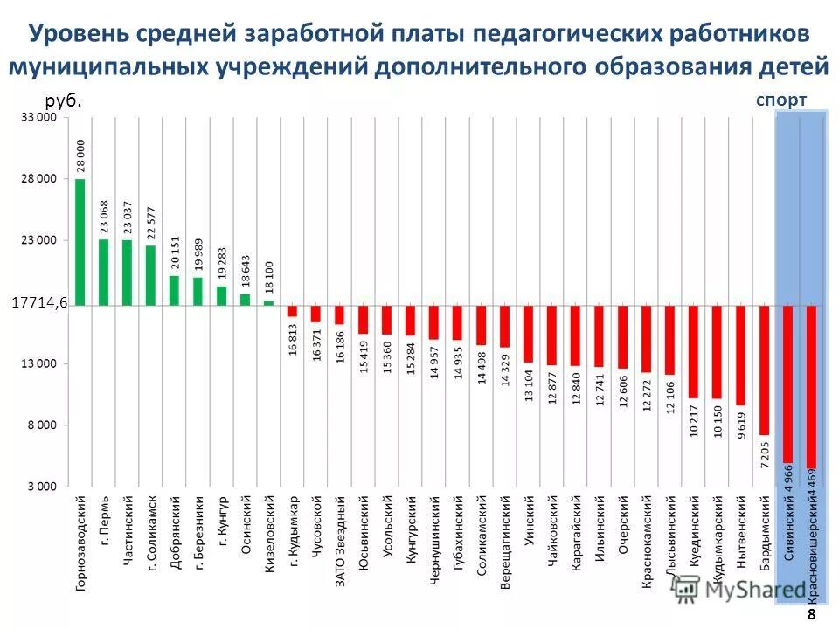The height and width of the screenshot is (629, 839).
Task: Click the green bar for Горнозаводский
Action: (x=80, y=242)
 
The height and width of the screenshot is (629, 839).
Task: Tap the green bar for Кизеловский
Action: (x=269, y=303)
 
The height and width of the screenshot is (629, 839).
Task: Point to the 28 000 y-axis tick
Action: (x=39, y=178)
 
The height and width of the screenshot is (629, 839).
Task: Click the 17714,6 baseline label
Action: (x=39, y=303)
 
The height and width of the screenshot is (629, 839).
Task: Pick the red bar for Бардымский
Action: (x=765, y=370)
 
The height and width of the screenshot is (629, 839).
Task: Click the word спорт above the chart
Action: (x=781, y=100)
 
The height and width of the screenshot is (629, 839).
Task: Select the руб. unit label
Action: (x=63, y=100)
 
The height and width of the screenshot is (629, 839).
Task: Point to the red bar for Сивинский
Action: (x=787, y=384)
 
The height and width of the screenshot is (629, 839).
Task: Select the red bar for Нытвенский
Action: (x=740, y=356)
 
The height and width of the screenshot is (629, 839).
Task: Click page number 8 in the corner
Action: (x=811, y=616)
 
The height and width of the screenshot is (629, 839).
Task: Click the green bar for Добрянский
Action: (x=175, y=291)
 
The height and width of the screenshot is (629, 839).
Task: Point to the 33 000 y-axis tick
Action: (x=39, y=116)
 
